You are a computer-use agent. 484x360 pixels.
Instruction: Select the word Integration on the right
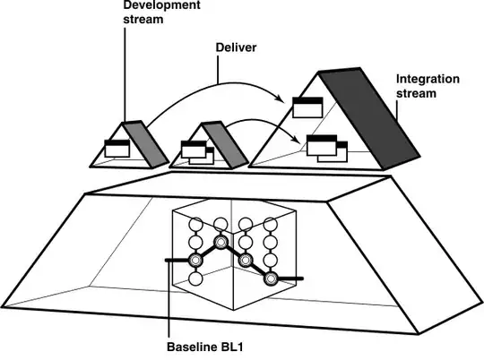pyautogui.click(x=428, y=80)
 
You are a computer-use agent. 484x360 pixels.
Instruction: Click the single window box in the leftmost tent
pyautogui.click(x=117, y=149)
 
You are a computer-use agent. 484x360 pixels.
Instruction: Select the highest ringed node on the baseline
pyautogui.click(x=220, y=242)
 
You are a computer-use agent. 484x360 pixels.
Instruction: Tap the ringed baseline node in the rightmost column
pyautogui.click(x=269, y=279)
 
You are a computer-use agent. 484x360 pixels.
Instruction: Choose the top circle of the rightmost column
pyautogui.click(x=269, y=225)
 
